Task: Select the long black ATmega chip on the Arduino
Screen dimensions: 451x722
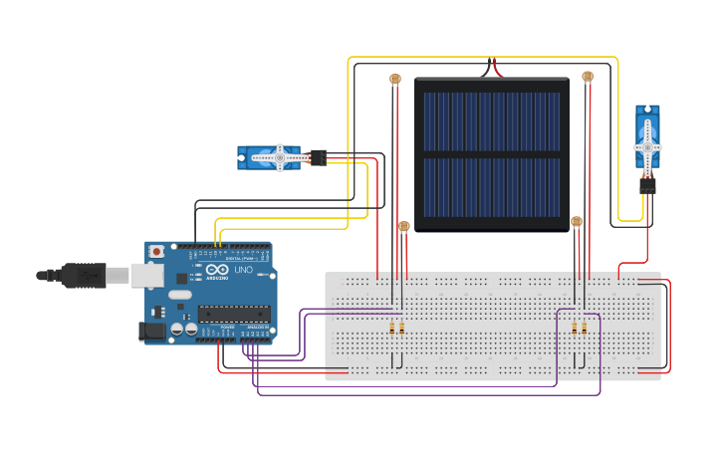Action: [x=233, y=314]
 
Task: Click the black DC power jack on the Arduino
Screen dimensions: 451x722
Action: [x=152, y=332]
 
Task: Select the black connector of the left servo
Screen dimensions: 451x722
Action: [x=318, y=157]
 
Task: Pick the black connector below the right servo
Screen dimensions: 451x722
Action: [x=647, y=185]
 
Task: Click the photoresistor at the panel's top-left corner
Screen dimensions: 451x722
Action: [x=395, y=78]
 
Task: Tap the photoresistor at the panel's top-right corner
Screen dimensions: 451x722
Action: [x=588, y=76]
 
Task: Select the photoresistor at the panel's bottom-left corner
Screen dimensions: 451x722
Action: [x=403, y=227]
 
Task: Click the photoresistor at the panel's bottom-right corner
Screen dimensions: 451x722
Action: [x=576, y=222]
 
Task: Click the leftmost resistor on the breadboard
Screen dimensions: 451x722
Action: [x=392, y=328]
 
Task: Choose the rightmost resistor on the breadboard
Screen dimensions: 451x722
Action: [x=585, y=328]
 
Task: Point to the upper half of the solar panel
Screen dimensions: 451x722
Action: [x=492, y=119]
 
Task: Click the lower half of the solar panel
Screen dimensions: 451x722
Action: [x=492, y=187]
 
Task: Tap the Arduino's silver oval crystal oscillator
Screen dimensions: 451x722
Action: [x=179, y=295]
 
